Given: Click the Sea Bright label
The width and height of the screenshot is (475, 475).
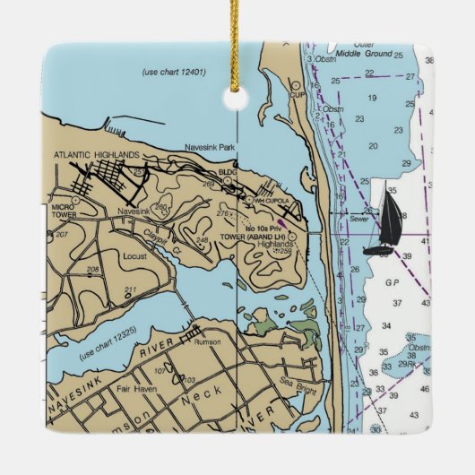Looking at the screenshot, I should click(291, 380).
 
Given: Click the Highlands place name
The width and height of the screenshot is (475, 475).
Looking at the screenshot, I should click(275, 243).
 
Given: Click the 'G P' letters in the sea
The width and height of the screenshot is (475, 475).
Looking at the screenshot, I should click(392, 281).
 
